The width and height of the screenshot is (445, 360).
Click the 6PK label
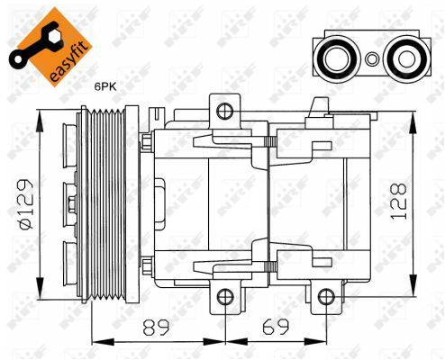point(106,86)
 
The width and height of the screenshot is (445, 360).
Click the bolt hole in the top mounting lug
point(224,111)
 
